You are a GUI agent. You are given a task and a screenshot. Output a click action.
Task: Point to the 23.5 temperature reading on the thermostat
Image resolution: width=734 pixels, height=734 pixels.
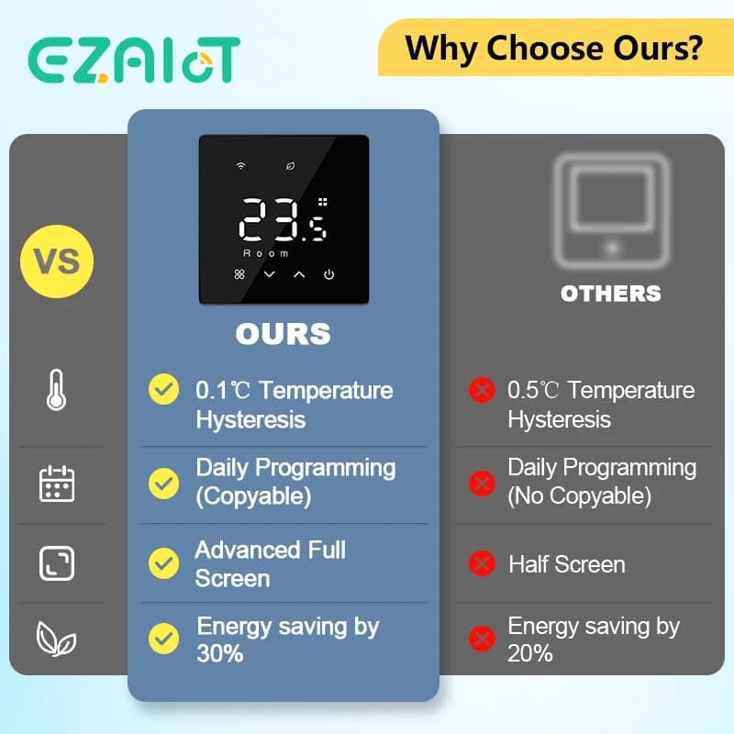[281, 221]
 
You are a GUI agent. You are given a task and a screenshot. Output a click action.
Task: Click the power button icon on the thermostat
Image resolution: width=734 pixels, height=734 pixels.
[328, 274]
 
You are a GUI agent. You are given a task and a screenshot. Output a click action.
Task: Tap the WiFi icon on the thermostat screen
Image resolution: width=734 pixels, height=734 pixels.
[241, 166]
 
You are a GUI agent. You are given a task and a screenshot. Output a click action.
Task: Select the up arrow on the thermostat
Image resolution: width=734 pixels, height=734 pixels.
[299, 274]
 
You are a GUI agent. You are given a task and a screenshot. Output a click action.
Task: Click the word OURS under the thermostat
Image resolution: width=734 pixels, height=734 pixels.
[283, 334]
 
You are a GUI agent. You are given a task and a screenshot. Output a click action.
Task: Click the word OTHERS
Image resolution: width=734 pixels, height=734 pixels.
[611, 294]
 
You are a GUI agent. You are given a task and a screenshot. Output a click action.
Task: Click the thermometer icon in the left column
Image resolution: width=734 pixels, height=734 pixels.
[56, 391]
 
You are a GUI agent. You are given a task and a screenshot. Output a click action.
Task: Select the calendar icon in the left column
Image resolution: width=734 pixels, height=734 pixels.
[57, 483]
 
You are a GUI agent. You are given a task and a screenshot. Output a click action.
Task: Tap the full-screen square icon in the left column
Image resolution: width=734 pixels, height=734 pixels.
[57, 563]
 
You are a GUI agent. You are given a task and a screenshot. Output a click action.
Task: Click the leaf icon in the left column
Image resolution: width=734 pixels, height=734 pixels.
[57, 639]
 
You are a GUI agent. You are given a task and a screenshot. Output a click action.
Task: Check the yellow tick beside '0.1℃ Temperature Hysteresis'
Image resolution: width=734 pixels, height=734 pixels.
[164, 390]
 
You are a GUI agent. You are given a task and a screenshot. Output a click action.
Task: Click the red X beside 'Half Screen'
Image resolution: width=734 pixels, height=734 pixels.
[481, 563]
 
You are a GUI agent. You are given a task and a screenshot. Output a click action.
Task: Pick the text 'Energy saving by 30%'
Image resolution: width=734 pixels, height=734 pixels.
[287, 639]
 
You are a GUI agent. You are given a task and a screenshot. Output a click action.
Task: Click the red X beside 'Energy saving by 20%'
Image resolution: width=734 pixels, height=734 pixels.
[481, 639]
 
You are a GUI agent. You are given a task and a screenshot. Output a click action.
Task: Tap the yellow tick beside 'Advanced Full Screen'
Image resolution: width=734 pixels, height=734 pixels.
[164, 562]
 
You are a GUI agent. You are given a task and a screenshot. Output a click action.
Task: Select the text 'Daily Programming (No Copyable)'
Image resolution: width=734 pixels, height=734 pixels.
[602, 482]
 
